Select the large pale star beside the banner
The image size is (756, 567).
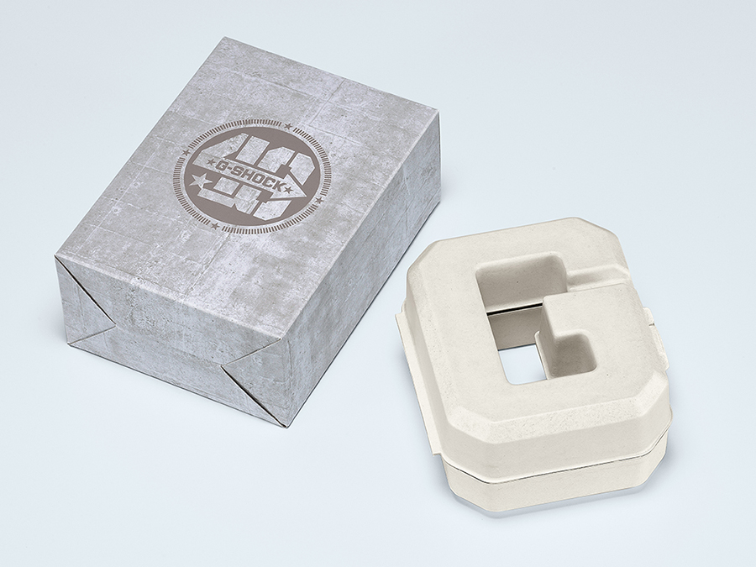click(x=197, y=183)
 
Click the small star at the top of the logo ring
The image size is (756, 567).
click(x=288, y=126)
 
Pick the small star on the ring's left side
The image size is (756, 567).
click(x=184, y=154)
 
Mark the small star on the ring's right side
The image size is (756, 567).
click(x=318, y=199)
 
